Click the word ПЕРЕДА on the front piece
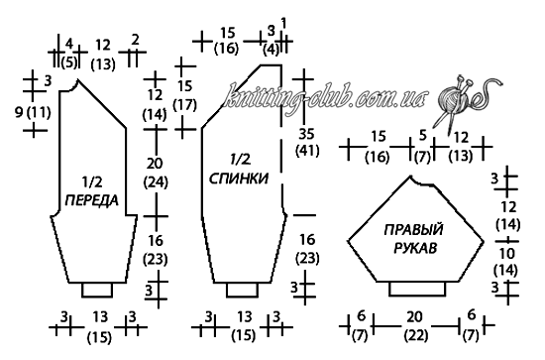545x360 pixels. click(92, 200)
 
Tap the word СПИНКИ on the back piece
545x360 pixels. click(239, 179)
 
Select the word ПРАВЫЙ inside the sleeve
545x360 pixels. click(413, 230)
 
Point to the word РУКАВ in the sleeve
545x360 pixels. click(414, 249)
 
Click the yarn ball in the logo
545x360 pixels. click(451, 100)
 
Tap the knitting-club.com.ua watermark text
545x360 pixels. click(325, 95)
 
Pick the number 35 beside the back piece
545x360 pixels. click(306, 134)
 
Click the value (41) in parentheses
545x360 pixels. click(307, 151)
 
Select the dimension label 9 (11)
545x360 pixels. click(33, 112)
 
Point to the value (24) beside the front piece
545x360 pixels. click(156, 181)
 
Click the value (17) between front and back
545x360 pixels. click(184, 104)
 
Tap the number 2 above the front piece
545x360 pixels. click(135, 40)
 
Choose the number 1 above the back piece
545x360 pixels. click(283, 24)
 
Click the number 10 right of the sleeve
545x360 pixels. click(506, 254)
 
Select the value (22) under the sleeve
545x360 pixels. click(416, 335)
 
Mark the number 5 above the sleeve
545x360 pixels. click(422, 135)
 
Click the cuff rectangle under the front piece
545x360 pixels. click(97, 290)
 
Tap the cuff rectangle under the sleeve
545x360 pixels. click(417, 289)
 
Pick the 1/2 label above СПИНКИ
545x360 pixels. click(240, 160)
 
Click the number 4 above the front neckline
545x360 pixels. click(69, 45)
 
